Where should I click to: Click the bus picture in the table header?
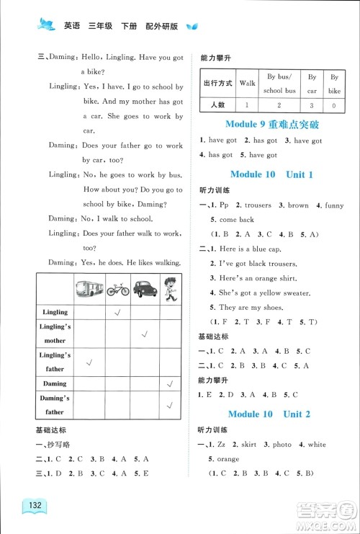89,288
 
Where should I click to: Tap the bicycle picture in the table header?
117,290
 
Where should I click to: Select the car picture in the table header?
145,289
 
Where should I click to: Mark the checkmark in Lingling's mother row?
145,334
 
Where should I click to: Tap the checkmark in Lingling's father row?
89,361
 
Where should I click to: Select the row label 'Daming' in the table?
55,384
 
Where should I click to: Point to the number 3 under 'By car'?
312,105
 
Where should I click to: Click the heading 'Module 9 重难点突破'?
271,125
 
